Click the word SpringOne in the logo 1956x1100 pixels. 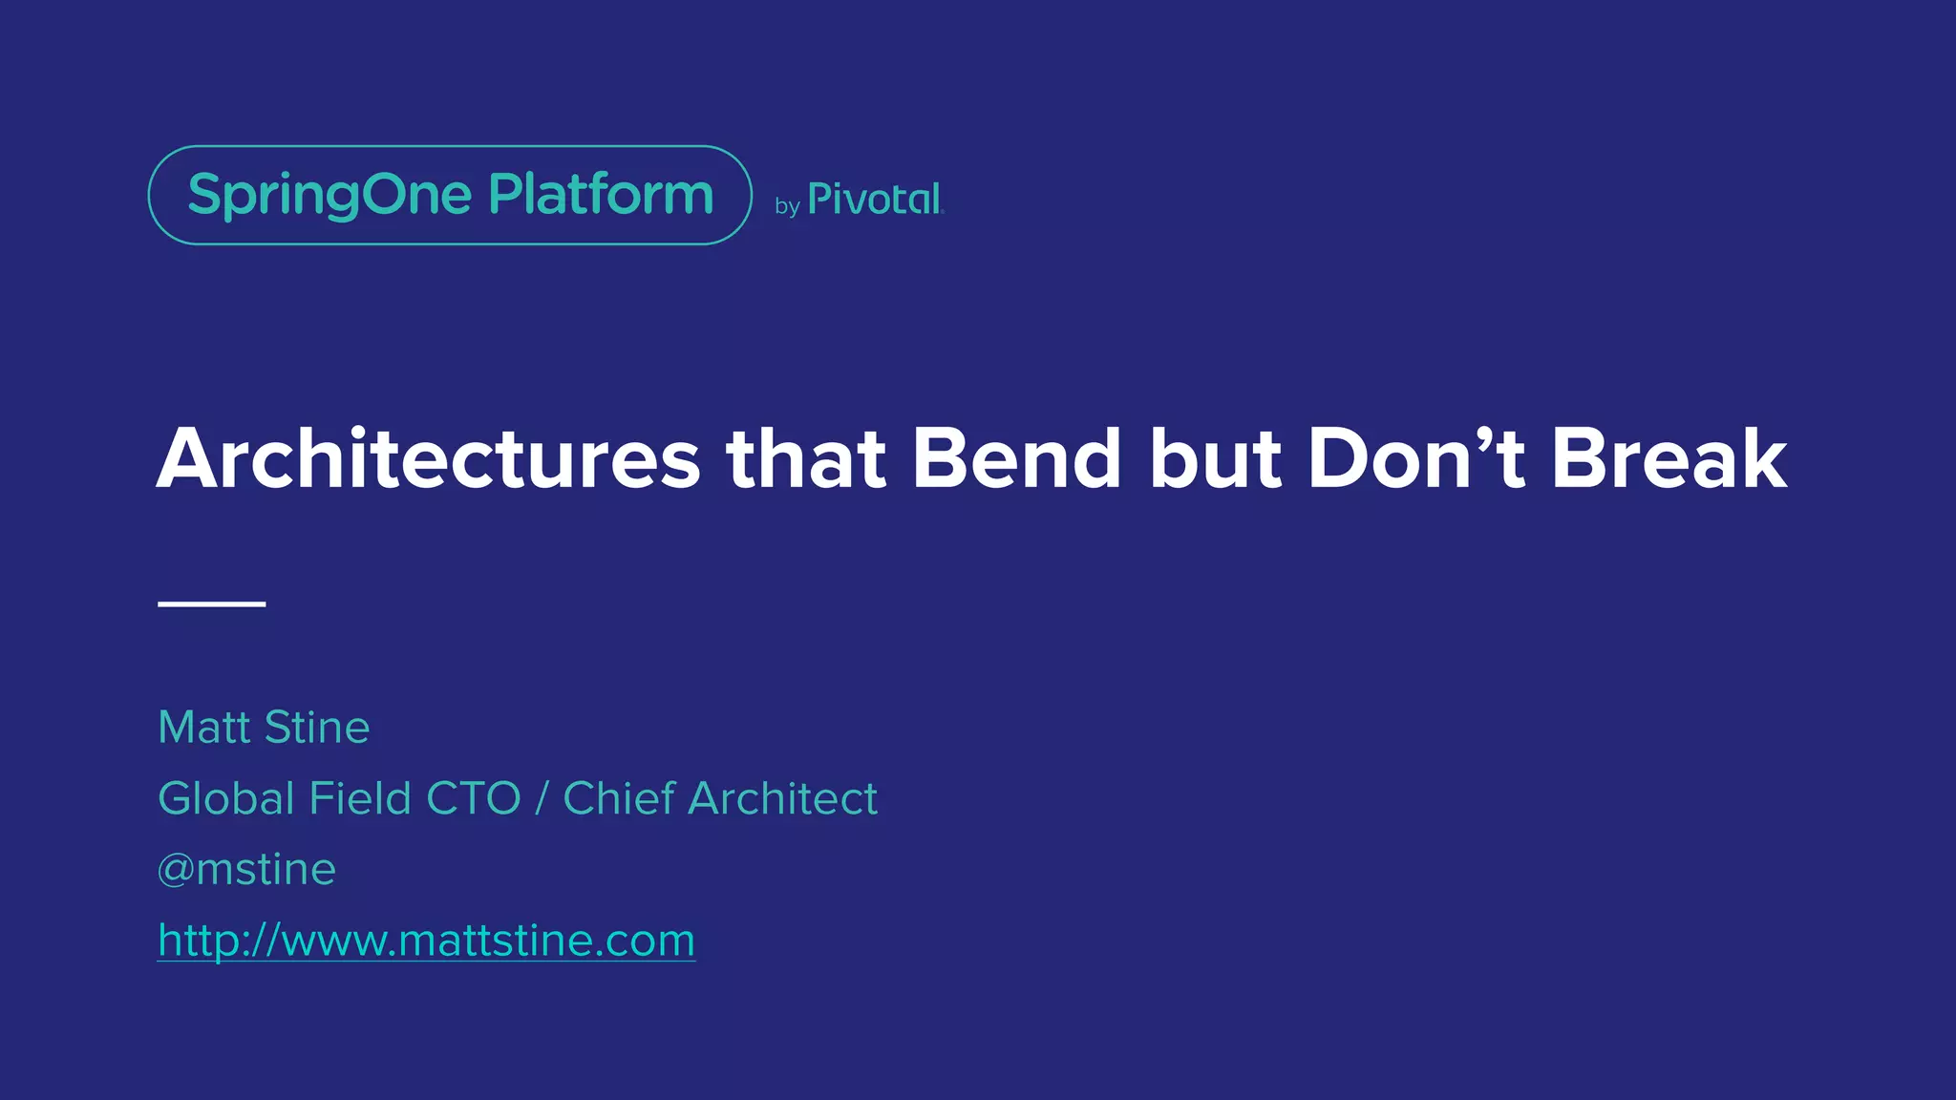330,196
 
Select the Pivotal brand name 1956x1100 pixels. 875,199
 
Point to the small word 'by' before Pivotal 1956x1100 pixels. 787,205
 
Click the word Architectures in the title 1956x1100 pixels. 428,459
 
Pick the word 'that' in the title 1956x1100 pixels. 806,459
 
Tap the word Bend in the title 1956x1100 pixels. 1016,459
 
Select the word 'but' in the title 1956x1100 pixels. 1214,459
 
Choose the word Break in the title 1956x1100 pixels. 1668,459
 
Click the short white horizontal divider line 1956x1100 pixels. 211,603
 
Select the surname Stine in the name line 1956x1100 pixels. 317,728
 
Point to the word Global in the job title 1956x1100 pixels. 226,798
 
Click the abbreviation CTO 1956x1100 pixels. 473,798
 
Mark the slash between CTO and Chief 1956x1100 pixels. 542,798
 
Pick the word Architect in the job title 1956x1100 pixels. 782,798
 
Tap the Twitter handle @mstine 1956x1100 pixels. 246,870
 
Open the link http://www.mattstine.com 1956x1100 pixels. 426,941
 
